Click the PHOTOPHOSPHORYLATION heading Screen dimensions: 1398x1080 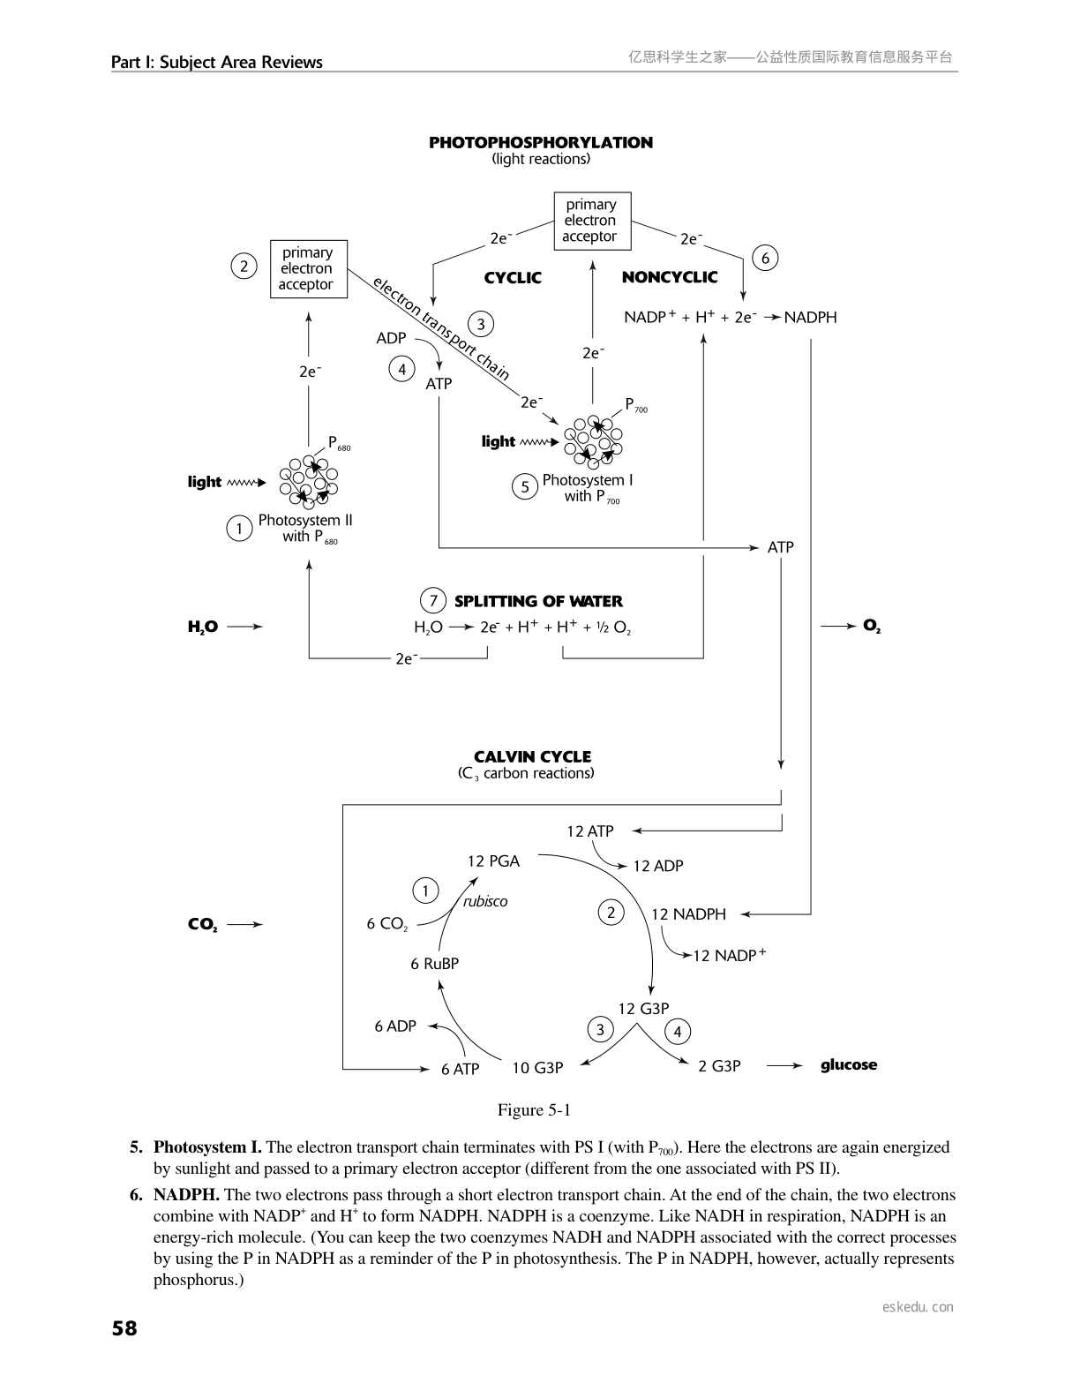(x=540, y=142)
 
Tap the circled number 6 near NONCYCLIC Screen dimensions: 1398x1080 (x=765, y=258)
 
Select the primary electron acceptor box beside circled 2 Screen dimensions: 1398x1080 (x=307, y=268)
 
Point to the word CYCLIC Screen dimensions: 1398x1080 (x=513, y=277)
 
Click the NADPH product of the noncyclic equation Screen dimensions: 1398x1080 (x=810, y=317)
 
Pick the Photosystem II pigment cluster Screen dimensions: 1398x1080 (x=309, y=481)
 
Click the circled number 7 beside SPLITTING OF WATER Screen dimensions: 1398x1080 (x=432, y=601)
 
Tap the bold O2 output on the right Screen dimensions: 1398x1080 (x=872, y=626)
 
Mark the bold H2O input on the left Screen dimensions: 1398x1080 (x=203, y=627)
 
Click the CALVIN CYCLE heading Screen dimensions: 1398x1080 (x=532, y=756)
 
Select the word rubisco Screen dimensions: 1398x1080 (x=485, y=901)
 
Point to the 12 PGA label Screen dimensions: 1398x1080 (x=493, y=861)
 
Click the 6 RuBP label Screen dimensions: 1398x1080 (x=434, y=964)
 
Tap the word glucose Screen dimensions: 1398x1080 (x=849, y=1064)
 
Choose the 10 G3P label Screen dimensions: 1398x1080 (x=537, y=1068)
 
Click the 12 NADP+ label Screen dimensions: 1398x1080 (x=729, y=955)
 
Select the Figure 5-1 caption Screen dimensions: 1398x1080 (x=534, y=1109)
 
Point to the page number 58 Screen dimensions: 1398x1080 (x=124, y=1327)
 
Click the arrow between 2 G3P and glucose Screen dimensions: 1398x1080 (x=784, y=1066)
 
